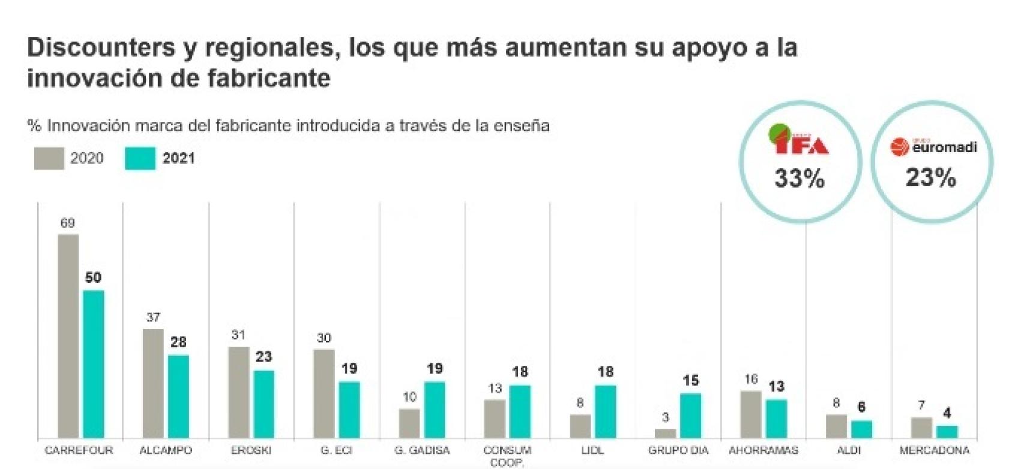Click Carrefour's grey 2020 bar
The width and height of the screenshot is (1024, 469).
[68, 336]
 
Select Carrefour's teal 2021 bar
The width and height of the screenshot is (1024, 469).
[93, 364]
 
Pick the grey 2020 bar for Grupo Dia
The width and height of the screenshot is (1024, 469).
[665, 433]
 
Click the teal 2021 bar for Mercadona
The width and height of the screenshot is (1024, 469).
[947, 432]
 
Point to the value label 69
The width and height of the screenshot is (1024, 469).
[67, 223]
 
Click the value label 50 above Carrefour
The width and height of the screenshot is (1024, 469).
[93, 277]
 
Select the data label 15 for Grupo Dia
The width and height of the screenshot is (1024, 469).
[691, 381]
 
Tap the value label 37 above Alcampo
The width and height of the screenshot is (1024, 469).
[153, 317]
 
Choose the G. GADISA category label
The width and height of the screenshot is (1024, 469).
[421, 450]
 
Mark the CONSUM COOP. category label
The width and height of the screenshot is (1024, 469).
[507, 456]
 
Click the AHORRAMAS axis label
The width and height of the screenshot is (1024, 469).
[763, 450]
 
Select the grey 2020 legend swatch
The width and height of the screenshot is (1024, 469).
[49, 159]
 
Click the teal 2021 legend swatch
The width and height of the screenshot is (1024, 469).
[140, 159]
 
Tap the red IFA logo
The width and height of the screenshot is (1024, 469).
[799, 142]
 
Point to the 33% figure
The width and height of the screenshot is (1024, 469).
[799, 178]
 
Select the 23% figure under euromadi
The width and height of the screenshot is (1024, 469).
[930, 178]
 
